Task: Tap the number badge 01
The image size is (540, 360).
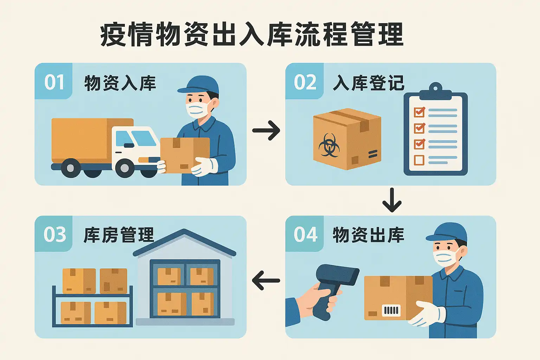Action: click(x=54, y=82)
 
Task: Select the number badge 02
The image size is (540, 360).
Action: click(x=305, y=82)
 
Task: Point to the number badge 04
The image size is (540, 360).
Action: click(x=305, y=234)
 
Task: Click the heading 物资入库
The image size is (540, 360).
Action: click(x=120, y=83)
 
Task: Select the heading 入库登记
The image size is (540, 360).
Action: click(x=368, y=83)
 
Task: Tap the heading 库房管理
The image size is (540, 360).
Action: click(x=119, y=235)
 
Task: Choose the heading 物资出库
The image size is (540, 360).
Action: click(x=368, y=235)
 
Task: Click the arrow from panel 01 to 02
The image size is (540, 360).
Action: click(x=266, y=130)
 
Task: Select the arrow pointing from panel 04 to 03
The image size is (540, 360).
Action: click(x=266, y=281)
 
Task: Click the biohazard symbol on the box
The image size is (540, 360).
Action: click(x=329, y=145)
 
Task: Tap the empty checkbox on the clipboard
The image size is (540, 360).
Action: click(x=419, y=160)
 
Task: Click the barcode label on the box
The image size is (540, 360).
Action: click(x=391, y=310)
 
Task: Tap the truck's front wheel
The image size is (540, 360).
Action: click(x=125, y=168)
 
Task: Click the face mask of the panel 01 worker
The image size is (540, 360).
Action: click(x=197, y=109)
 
